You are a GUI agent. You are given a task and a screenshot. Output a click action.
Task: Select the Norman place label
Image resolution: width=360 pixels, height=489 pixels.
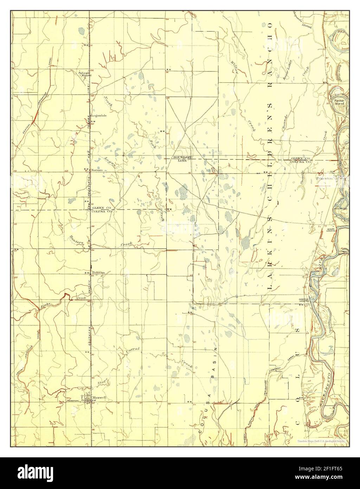pos(96,170)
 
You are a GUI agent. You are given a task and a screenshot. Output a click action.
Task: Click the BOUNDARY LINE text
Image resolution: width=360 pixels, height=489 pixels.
pos(182,159)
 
